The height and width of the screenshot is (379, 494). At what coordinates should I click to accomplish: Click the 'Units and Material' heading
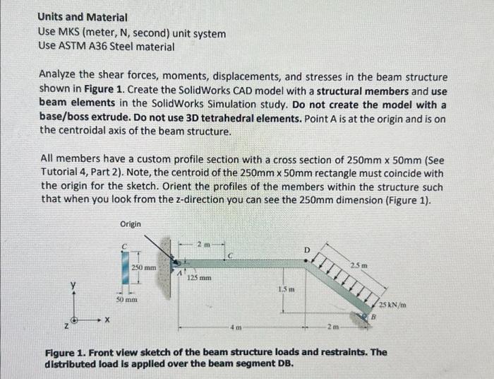[x=83, y=16]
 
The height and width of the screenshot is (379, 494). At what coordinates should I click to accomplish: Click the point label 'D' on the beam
[x=306, y=250]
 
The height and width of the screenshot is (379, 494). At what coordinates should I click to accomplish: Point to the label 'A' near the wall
[x=180, y=272]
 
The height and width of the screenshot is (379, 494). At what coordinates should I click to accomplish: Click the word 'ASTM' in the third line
[x=73, y=47]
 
